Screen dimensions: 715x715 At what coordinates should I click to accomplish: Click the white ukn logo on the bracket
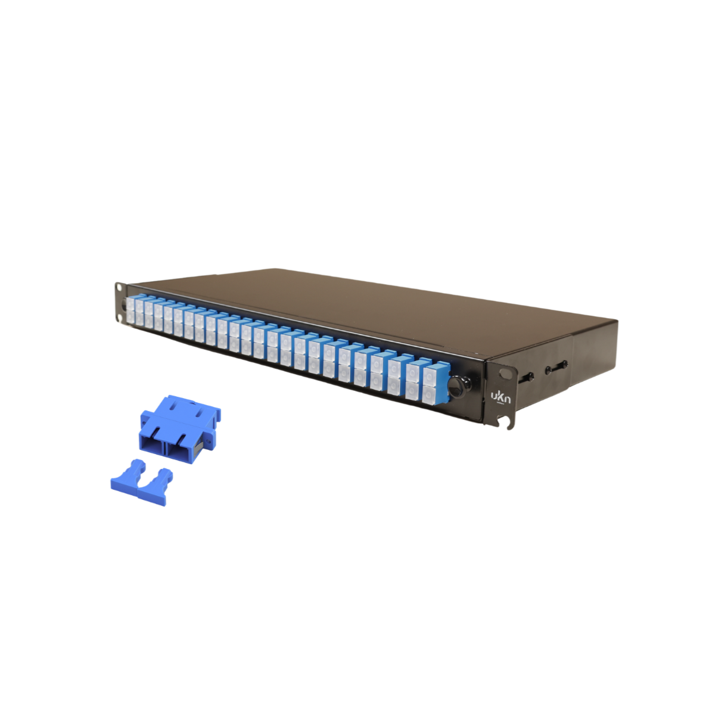[x=500, y=397]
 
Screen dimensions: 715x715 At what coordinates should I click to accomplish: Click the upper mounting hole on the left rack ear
[x=120, y=287]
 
